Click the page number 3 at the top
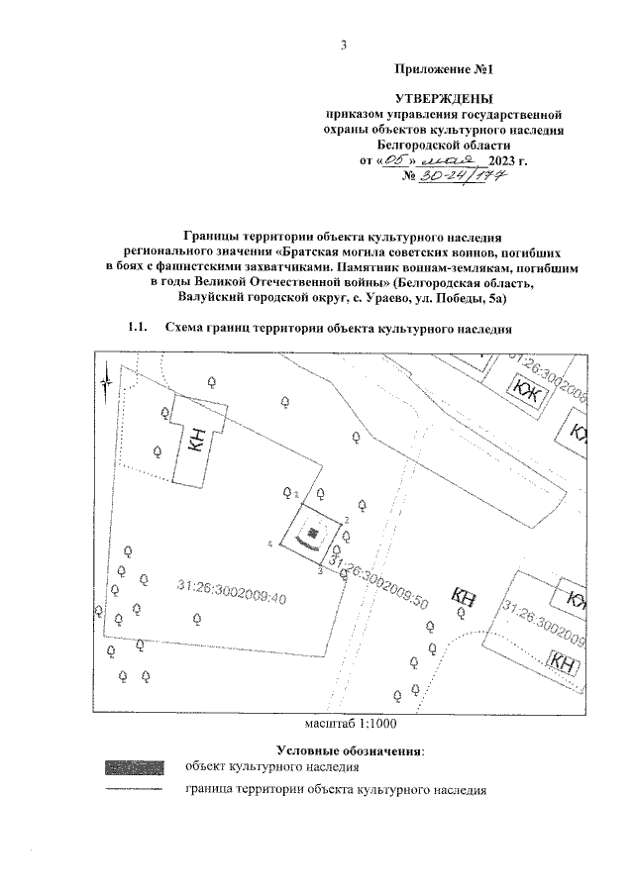pyautogui.click(x=343, y=45)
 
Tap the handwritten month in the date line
pyautogui.click(x=451, y=158)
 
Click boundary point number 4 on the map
pyautogui.click(x=270, y=544)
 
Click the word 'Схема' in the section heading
pyautogui.click(x=184, y=328)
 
